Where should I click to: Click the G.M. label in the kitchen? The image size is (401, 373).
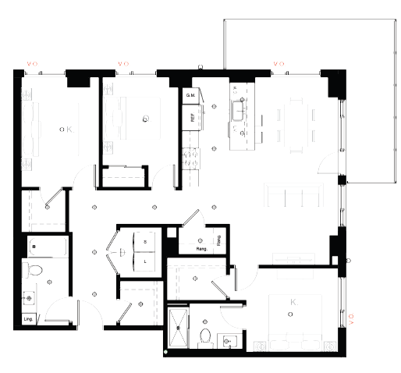(x=189, y=96)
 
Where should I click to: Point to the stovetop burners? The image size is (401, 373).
(x=187, y=156)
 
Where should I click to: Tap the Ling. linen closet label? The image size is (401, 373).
(x=28, y=318)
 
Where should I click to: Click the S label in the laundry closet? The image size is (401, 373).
(x=145, y=243)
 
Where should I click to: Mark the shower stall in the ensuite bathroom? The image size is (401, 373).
(x=179, y=328)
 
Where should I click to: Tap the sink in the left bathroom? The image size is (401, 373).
(x=30, y=297)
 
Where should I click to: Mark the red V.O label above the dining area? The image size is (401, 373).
(x=277, y=63)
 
